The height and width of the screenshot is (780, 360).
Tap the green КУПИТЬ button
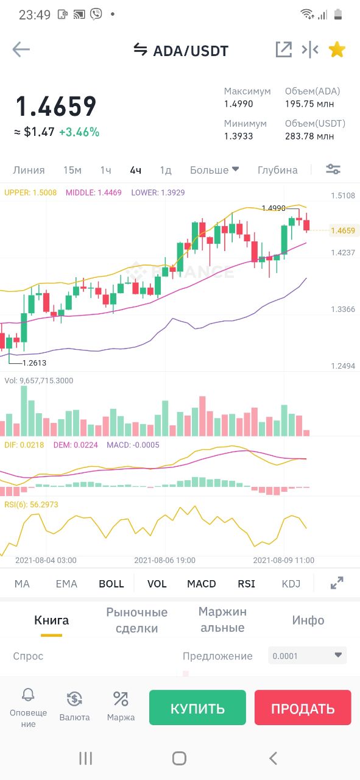(x=197, y=707)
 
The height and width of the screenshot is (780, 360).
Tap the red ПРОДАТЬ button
(x=303, y=707)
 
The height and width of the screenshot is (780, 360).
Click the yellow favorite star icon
(x=337, y=49)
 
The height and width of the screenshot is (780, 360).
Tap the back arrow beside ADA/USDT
(x=21, y=49)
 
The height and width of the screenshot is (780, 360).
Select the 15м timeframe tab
(x=72, y=170)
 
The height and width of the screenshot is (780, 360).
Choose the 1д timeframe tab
(x=165, y=170)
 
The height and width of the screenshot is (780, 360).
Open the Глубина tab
(x=278, y=170)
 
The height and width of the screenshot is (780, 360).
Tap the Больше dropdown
(x=214, y=170)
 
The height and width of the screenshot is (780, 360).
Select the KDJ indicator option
(x=291, y=584)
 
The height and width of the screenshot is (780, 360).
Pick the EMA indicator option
(x=66, y=584)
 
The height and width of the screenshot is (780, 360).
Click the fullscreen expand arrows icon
(x=337, y=583)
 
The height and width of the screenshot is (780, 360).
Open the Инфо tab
(x=308, y=620)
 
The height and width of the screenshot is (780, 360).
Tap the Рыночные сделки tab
(x=137, y=620)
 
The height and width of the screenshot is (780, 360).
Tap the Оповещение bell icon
(x=28, y=695)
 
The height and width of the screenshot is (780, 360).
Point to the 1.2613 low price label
(x=34, y=363)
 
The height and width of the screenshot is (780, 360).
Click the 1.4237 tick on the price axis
(x=343, y=252)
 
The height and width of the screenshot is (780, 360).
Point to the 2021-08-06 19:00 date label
(x=164, y=560)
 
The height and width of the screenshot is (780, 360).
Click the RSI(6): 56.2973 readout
(x=31, y=505)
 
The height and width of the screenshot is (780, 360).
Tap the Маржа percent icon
(x=121, y=699)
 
